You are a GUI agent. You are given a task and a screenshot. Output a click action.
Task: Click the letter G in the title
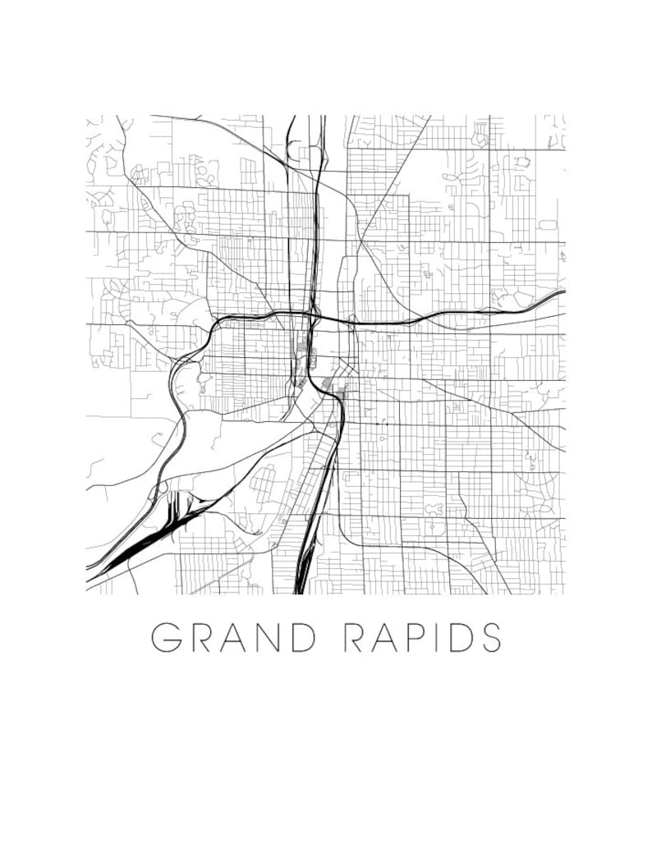167,637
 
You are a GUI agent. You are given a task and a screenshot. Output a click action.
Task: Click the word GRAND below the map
234,637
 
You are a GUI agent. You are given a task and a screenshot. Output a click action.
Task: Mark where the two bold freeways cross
314,313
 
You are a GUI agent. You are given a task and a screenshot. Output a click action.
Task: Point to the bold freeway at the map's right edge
558,293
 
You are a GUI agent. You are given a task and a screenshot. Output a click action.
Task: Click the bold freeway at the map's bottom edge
301,585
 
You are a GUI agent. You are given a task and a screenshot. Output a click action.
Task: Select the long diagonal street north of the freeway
386,189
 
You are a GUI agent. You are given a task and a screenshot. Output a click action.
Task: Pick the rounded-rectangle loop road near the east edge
548,224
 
